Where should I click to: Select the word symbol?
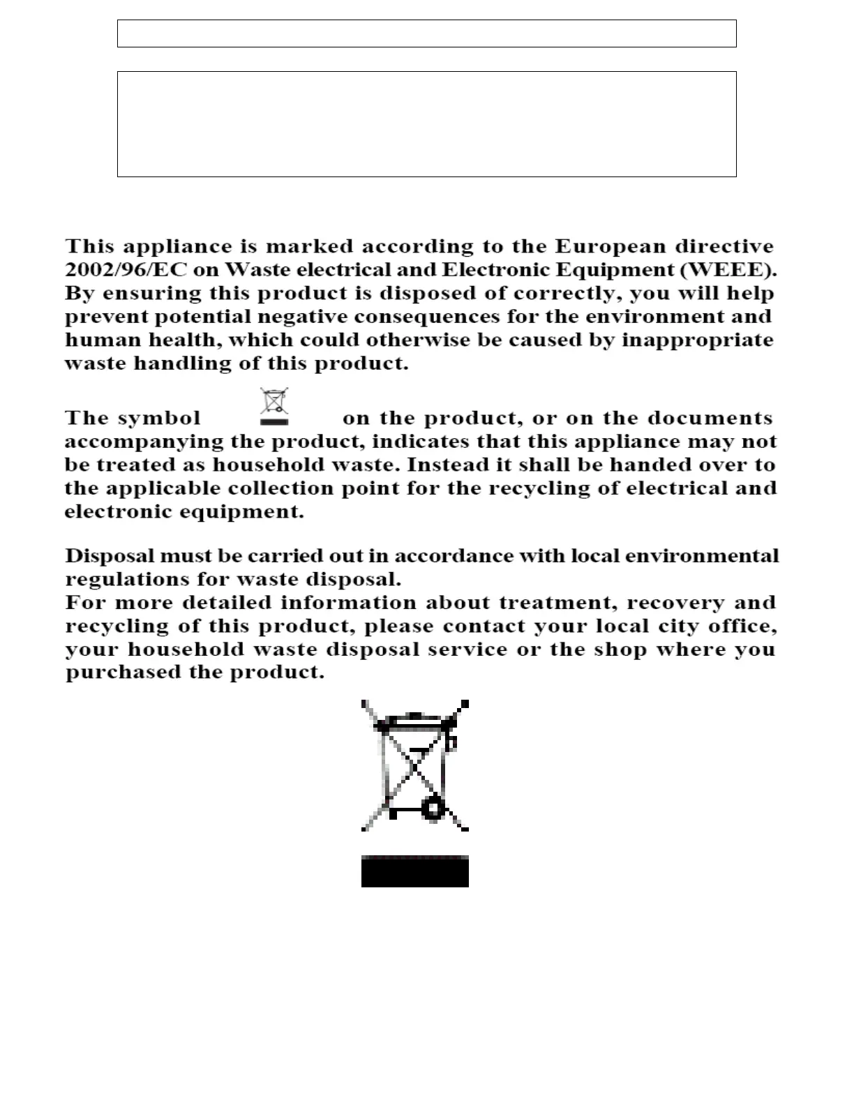pos(159,418)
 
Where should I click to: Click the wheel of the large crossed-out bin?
pos(434,809)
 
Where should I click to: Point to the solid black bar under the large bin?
pos(414,871)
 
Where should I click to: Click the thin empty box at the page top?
pos(426,33)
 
